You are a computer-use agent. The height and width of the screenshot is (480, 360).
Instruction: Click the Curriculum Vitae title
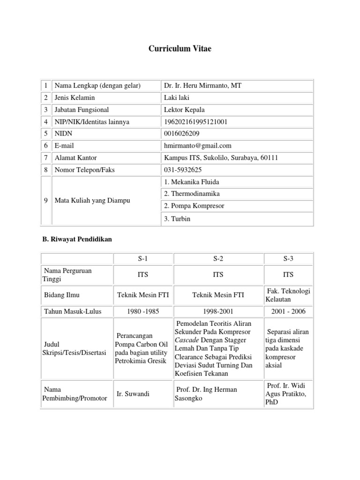point(180,49)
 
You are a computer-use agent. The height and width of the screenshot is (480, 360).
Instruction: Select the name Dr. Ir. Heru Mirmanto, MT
point(202,85)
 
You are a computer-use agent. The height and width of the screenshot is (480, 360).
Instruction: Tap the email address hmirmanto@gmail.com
point(197,146)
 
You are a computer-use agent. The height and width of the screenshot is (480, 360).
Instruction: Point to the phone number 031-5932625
point(183,170)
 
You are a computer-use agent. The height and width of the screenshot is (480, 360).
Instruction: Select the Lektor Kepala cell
point(184,110)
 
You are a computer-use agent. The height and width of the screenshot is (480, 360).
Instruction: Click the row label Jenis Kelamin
point(75,97)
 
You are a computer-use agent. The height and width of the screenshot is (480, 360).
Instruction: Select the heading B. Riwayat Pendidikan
point(77,239)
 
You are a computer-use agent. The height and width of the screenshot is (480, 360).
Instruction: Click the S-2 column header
point(218,258)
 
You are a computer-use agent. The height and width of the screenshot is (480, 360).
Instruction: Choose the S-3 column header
point(288,258)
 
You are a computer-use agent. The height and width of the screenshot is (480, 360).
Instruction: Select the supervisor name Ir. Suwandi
point(133,394)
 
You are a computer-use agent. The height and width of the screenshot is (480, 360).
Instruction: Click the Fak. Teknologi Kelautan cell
point(288,295)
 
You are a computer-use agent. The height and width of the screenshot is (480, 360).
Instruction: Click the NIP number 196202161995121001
point(195,122)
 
